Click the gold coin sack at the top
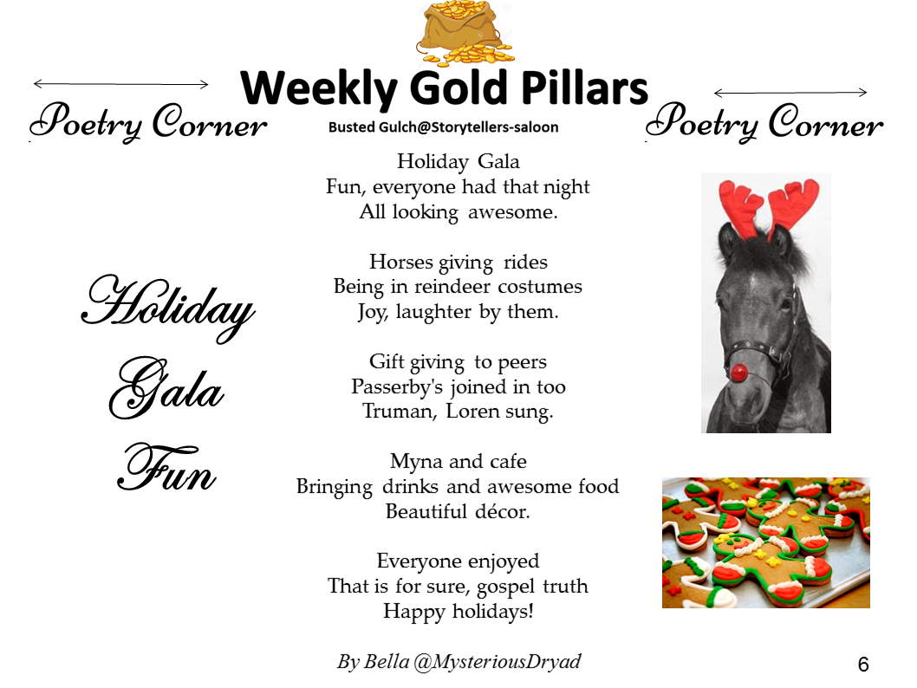tap(466, 32)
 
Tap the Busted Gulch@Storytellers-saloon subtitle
tap(443, 127)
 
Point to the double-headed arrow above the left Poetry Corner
tap(121, 84)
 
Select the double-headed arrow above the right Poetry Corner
tap(790, 93)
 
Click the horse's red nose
tap(739, 371)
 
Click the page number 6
tap(863, 664)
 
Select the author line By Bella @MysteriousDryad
tap(459, 662)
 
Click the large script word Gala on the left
tap(166, 388)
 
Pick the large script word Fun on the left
tap(167, 468)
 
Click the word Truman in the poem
tap(400, 412)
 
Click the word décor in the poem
tap(503, 511)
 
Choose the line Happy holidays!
tap(458, 612)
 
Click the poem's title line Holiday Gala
tap(458, 161)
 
